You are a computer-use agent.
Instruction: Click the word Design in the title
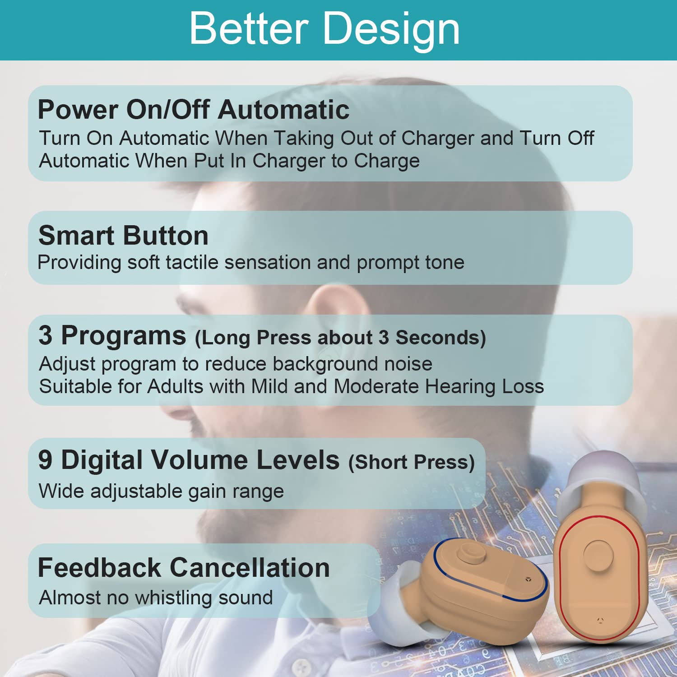392,30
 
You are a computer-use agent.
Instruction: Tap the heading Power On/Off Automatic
194,110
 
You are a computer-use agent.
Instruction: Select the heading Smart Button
123,236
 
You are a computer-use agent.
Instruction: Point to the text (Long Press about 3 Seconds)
340,338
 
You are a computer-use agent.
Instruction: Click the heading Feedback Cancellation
184,568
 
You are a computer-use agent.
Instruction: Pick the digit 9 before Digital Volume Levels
45,460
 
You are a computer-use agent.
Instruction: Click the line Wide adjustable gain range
162,492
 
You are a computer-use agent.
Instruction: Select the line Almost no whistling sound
156,598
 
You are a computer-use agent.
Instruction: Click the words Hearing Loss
484,386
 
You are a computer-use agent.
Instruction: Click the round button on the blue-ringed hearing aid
471,553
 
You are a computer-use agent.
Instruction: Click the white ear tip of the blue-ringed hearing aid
397,600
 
